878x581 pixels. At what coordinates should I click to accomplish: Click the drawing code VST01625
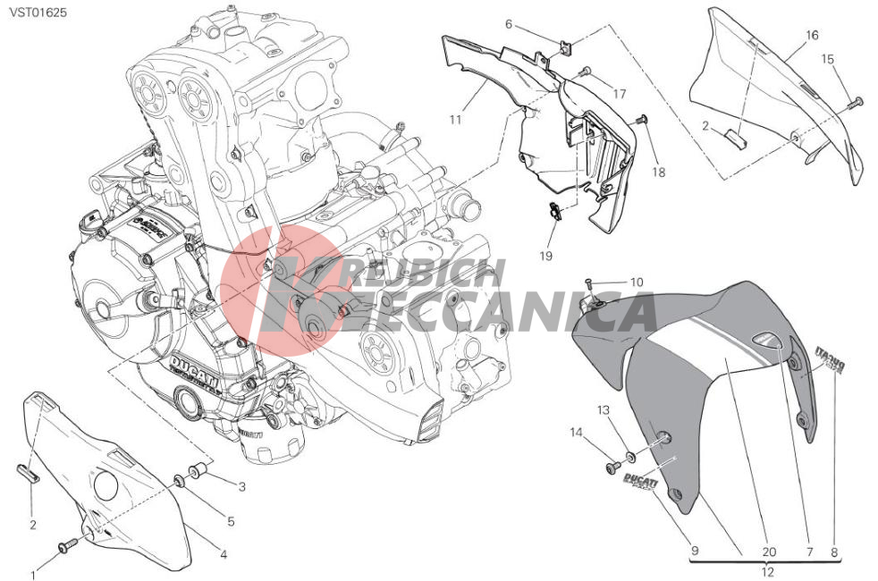click(34, 13)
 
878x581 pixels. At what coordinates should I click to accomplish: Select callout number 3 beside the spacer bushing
click(241, 486)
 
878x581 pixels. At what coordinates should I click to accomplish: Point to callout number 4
click(223, 554)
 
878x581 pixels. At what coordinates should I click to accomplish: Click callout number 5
click(230, 521)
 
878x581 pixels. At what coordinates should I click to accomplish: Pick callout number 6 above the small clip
click(508, 24)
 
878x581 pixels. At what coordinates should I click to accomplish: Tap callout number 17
click(618, 93)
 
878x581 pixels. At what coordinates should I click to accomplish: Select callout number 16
click(811, 36)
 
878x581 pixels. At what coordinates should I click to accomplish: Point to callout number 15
click(828, 59)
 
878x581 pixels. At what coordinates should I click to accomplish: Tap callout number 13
click(604, 410)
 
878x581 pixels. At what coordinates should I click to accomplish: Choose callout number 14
click(577, 433)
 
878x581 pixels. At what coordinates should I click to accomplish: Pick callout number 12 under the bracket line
click(767, 573)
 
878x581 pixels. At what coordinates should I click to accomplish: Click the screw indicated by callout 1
click(67, 544)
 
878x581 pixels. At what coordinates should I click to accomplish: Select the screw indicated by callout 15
click(857, 101)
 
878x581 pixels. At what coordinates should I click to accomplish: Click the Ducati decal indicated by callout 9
click(637, 484)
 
